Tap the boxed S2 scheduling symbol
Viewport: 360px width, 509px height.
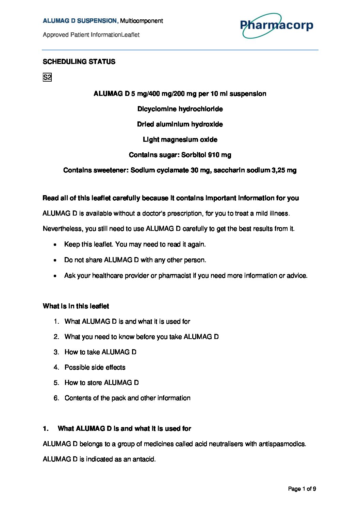[47, 77]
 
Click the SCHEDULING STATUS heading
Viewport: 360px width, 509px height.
[79, 62]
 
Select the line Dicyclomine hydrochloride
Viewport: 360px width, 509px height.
[180, 109]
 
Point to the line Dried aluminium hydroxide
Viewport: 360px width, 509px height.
[180, 124]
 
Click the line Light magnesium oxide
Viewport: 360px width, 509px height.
[180, 139]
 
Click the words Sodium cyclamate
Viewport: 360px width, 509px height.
[159, 170]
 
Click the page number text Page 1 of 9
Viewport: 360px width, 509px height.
[302, 489]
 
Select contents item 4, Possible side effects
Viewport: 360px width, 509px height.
[95, 367]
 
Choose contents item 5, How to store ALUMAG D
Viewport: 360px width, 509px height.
[101, 383]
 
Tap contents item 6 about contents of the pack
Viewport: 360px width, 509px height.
[127, 398]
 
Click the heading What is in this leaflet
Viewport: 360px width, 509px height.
[76, 306]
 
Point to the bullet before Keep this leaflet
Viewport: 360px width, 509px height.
[55, 244]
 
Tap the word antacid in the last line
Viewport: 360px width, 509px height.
[145, 459]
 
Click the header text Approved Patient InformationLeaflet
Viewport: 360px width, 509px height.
[91, 35]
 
